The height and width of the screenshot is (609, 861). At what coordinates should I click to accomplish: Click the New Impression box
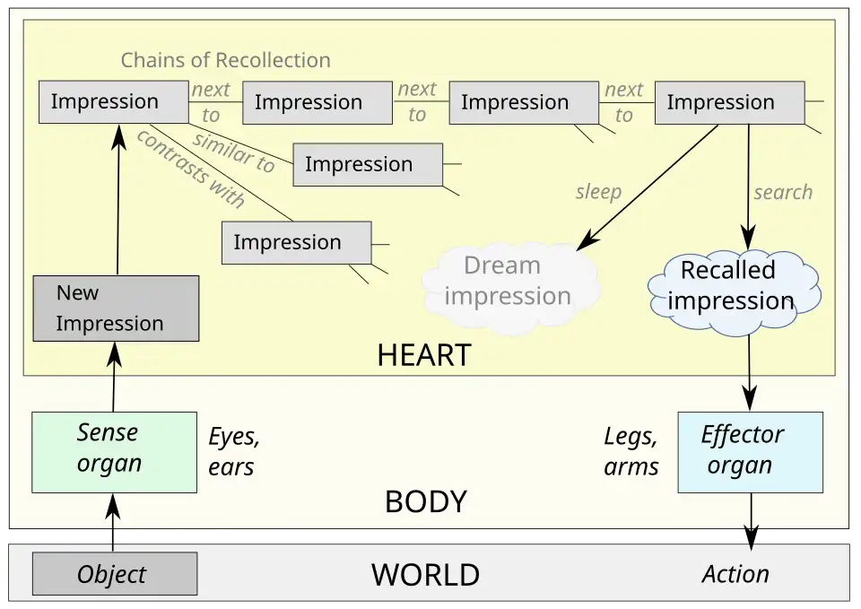click(116, 309)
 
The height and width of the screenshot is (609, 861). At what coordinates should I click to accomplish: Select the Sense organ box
click(114, 452)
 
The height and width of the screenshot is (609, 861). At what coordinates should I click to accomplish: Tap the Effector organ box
click(750, 452)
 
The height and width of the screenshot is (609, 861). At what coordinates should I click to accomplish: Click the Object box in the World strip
click(115, 574)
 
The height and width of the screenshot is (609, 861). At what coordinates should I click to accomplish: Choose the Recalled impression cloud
click(731, 285)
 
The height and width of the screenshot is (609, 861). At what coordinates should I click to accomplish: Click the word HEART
click(424, 355)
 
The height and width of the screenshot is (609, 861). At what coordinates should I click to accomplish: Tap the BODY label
click(426, 502)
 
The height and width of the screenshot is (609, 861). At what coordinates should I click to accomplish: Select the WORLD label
click(425, 574)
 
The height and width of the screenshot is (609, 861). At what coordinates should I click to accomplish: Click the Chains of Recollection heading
click(225, 60)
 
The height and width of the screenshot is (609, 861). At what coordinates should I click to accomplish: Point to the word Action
click(735, 574)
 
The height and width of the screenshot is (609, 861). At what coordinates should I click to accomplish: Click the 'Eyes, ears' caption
click(234, 452)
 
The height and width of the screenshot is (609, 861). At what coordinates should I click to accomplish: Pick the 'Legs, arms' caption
click(631, 452)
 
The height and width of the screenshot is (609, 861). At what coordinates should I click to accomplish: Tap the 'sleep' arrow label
click(598, 193)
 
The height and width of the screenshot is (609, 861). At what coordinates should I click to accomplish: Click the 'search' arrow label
click(783, 192)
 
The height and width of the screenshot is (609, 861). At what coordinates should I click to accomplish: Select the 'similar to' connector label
click(234, 152)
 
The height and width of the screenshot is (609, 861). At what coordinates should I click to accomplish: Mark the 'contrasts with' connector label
click(189, 169)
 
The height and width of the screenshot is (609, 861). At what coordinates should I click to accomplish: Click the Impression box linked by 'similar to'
click(368, 164)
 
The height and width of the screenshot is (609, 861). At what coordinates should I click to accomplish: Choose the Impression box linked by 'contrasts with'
click(296, 242)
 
